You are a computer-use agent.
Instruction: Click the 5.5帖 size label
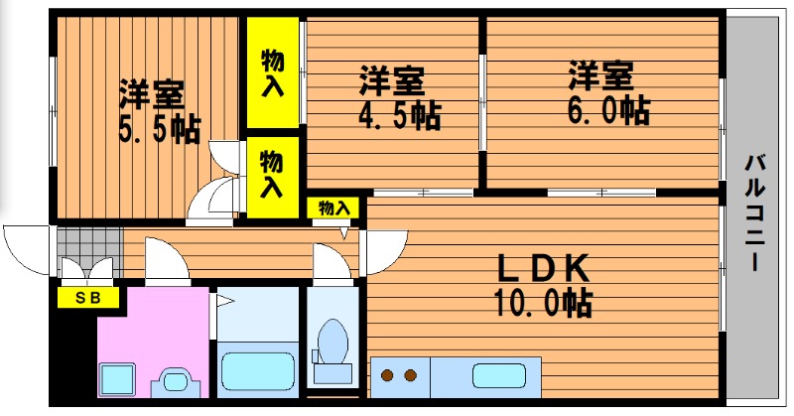coord(160,130)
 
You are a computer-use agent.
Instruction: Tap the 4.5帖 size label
coord(400,116)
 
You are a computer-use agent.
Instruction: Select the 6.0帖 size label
coord(608,111)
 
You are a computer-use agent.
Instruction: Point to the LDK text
coord(543,268)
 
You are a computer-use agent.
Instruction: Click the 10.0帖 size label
coord(543,303)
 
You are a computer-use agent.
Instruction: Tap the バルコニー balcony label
coord(754,212)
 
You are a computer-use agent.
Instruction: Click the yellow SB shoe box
coord(88,298)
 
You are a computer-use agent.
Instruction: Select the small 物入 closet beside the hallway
coord(333,208)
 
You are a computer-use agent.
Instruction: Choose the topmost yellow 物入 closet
coord(272,72)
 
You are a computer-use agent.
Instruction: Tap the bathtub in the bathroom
coord(258,371)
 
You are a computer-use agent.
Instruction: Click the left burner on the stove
coord(387,375)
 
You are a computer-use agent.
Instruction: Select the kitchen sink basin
coord(499,376)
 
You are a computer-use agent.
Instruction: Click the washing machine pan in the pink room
coord(116,379)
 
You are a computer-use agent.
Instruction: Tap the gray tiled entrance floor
coord(89,252)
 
